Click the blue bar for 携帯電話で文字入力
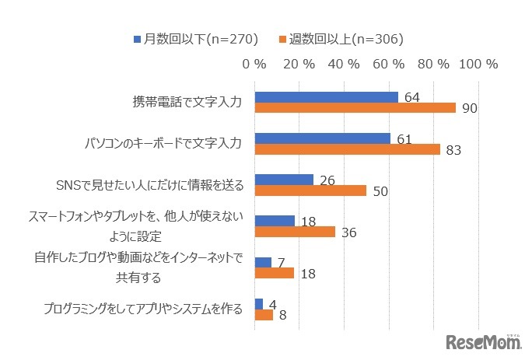tap(326, 97)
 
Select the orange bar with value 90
tap(355, 108)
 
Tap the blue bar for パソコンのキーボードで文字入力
tap(323, 138)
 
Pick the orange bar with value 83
tap(347, 149)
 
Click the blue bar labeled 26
tap(284, 180)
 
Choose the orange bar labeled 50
tap(310, 190)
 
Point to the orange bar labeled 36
tap(295, 232)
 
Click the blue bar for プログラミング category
tap(259, 304)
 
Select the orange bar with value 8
tap(264, 315)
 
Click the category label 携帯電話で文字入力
tap(189, 102)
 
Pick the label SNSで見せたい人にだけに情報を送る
tap(150, 185)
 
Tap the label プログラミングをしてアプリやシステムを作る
tap(143, 309)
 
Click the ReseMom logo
tap(481, 341)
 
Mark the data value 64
tap(412, 97)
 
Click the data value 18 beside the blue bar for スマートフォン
tap(308, 222)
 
